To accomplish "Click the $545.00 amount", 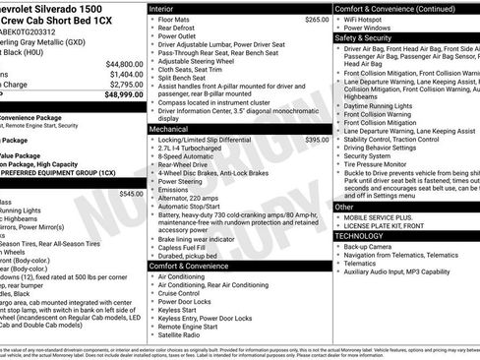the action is (x=130, y=194).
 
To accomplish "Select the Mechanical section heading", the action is (x=169, y=129).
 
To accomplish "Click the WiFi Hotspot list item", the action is (x=371, y=19).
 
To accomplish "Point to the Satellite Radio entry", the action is (x=184, y=334).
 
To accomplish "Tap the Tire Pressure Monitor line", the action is (x=383, y=164).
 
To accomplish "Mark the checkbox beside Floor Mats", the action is (x=150, y=19).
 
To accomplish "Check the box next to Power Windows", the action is (x=340, y=28).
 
